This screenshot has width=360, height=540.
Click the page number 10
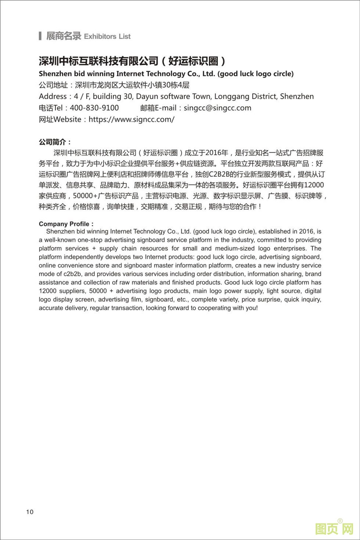point(30,512)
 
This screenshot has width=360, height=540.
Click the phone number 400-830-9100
point(94,108)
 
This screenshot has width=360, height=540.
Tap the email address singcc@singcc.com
point(217,108)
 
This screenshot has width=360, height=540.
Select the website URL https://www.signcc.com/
point(132,119)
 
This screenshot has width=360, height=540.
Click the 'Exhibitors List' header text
point(107,36)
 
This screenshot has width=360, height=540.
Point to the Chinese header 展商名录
point(63,36)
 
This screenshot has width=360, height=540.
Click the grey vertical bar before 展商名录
point(40,36)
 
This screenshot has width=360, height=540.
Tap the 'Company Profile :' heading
point(66,224)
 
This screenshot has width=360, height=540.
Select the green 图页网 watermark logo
point(334,529)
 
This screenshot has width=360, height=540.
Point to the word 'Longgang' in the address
point(230,97)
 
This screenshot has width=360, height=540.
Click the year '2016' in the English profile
point(306,232)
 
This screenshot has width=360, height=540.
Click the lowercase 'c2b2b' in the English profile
point(73,274)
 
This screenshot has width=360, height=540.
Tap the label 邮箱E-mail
point(159,108)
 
